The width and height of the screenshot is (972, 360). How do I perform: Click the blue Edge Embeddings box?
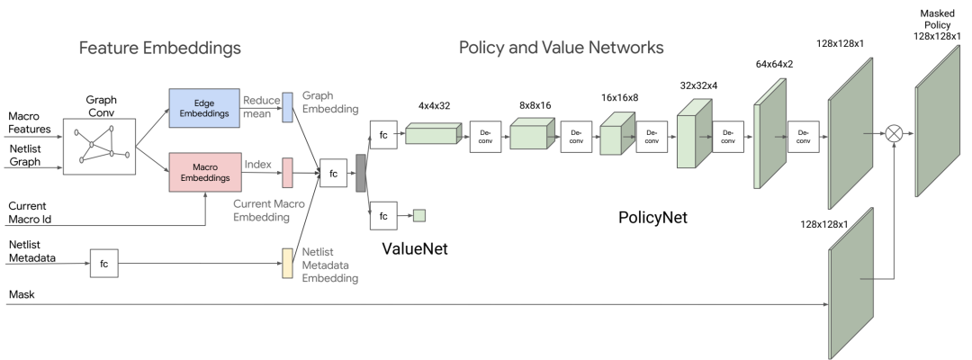coord(204,108)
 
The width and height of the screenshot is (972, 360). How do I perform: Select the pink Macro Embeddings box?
coord(205,172)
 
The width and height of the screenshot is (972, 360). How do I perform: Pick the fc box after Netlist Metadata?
coord(104,264)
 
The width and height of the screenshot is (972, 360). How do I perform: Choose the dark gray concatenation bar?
coord(360,173)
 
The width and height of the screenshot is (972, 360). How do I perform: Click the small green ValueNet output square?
coord(419,216)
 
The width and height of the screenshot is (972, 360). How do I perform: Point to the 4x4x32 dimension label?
coord(435,105)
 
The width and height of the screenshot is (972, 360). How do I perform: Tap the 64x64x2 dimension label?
coord(775,65)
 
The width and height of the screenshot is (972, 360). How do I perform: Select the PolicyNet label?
coord(652,218)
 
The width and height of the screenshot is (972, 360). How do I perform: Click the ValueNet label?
coord(415,248)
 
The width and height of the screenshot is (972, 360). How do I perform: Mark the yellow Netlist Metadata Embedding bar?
coord(287,264)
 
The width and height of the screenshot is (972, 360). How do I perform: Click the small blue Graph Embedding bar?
coord(287,108)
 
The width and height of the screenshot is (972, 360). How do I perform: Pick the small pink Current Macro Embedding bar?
coord(287,173)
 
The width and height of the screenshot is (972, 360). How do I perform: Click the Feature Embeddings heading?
coord(160,48)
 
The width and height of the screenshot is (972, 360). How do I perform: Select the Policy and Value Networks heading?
coord(561,47)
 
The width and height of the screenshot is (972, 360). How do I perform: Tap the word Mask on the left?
coord(22,295)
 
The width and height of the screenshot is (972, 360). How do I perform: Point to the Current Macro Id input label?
coord(30,211)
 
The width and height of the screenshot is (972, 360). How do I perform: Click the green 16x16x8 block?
coord(617,132)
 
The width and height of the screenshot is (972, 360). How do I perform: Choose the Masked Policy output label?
coord(937,25)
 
